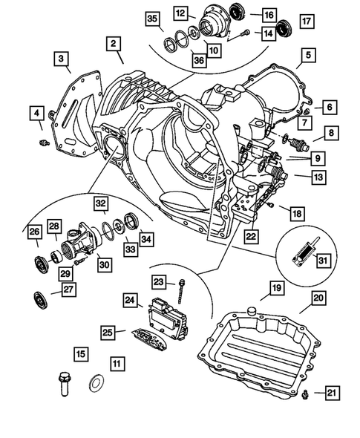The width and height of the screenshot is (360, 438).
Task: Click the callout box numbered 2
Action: pyautogui.click(x=113, y=45)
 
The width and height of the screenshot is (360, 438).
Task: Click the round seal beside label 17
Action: pyautogui.click(x=283, y=30)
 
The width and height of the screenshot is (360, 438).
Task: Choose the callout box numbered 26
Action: pyautogui.click(x=35, y=234)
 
